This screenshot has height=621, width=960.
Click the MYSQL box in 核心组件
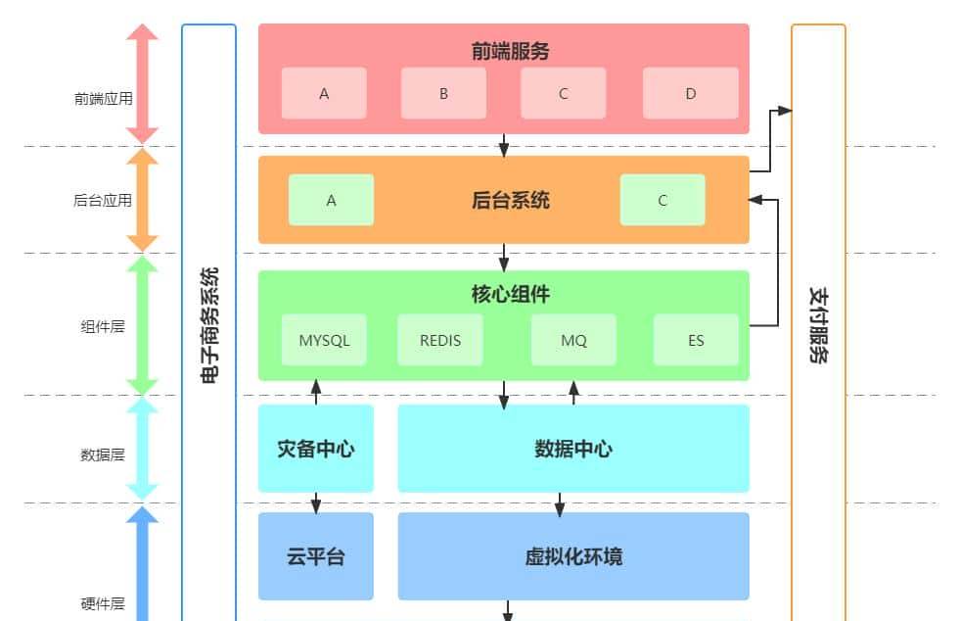(324, 341)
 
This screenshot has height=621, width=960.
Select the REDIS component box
(439, 341)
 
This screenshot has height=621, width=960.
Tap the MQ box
(573, 341)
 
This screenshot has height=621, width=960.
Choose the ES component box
(696, 341)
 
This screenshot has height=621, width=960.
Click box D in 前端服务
(690, 94)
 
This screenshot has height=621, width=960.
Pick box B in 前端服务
(443, 94)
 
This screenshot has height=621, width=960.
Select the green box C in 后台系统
(663, 201)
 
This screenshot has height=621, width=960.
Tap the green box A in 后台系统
(331, 201)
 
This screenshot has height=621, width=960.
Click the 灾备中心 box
(315, 449)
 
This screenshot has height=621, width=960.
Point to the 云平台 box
(315, 556)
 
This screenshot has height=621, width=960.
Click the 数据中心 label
(573, 449)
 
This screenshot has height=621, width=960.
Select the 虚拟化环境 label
(573, 556)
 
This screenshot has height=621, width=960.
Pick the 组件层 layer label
(103, 327)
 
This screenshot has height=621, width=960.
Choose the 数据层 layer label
(103, 454)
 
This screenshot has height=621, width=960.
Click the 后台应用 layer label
(103, 201)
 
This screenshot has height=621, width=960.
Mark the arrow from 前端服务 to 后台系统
(504, 145)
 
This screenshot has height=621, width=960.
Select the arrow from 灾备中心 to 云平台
(315, 502)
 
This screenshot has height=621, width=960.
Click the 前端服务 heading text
(503, 51)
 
